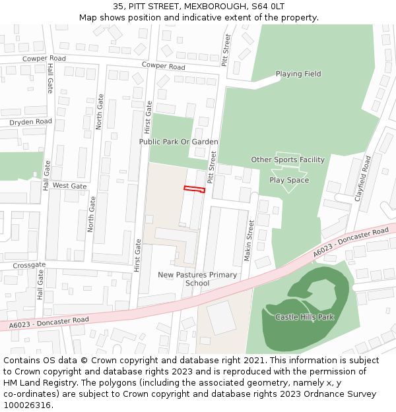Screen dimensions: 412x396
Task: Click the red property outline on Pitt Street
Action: tap(194, 189)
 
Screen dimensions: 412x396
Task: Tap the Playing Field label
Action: tap(298, 74)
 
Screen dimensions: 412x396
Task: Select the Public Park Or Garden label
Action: tap(178, 142)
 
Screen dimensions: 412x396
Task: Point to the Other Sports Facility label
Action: tap(288, 160)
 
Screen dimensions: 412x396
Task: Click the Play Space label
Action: tap(289, 180)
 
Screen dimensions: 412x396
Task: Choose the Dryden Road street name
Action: tap(30, 122)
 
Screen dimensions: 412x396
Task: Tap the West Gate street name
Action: tap(69, 186)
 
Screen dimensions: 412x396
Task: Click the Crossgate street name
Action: tap(29, 265)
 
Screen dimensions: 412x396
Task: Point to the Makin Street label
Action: tap(249, 241)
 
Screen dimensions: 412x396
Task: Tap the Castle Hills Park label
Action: tap(304, 317)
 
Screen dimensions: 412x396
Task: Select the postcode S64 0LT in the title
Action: tap(265, 6)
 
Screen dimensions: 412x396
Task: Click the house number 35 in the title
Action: tap(118, 6)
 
